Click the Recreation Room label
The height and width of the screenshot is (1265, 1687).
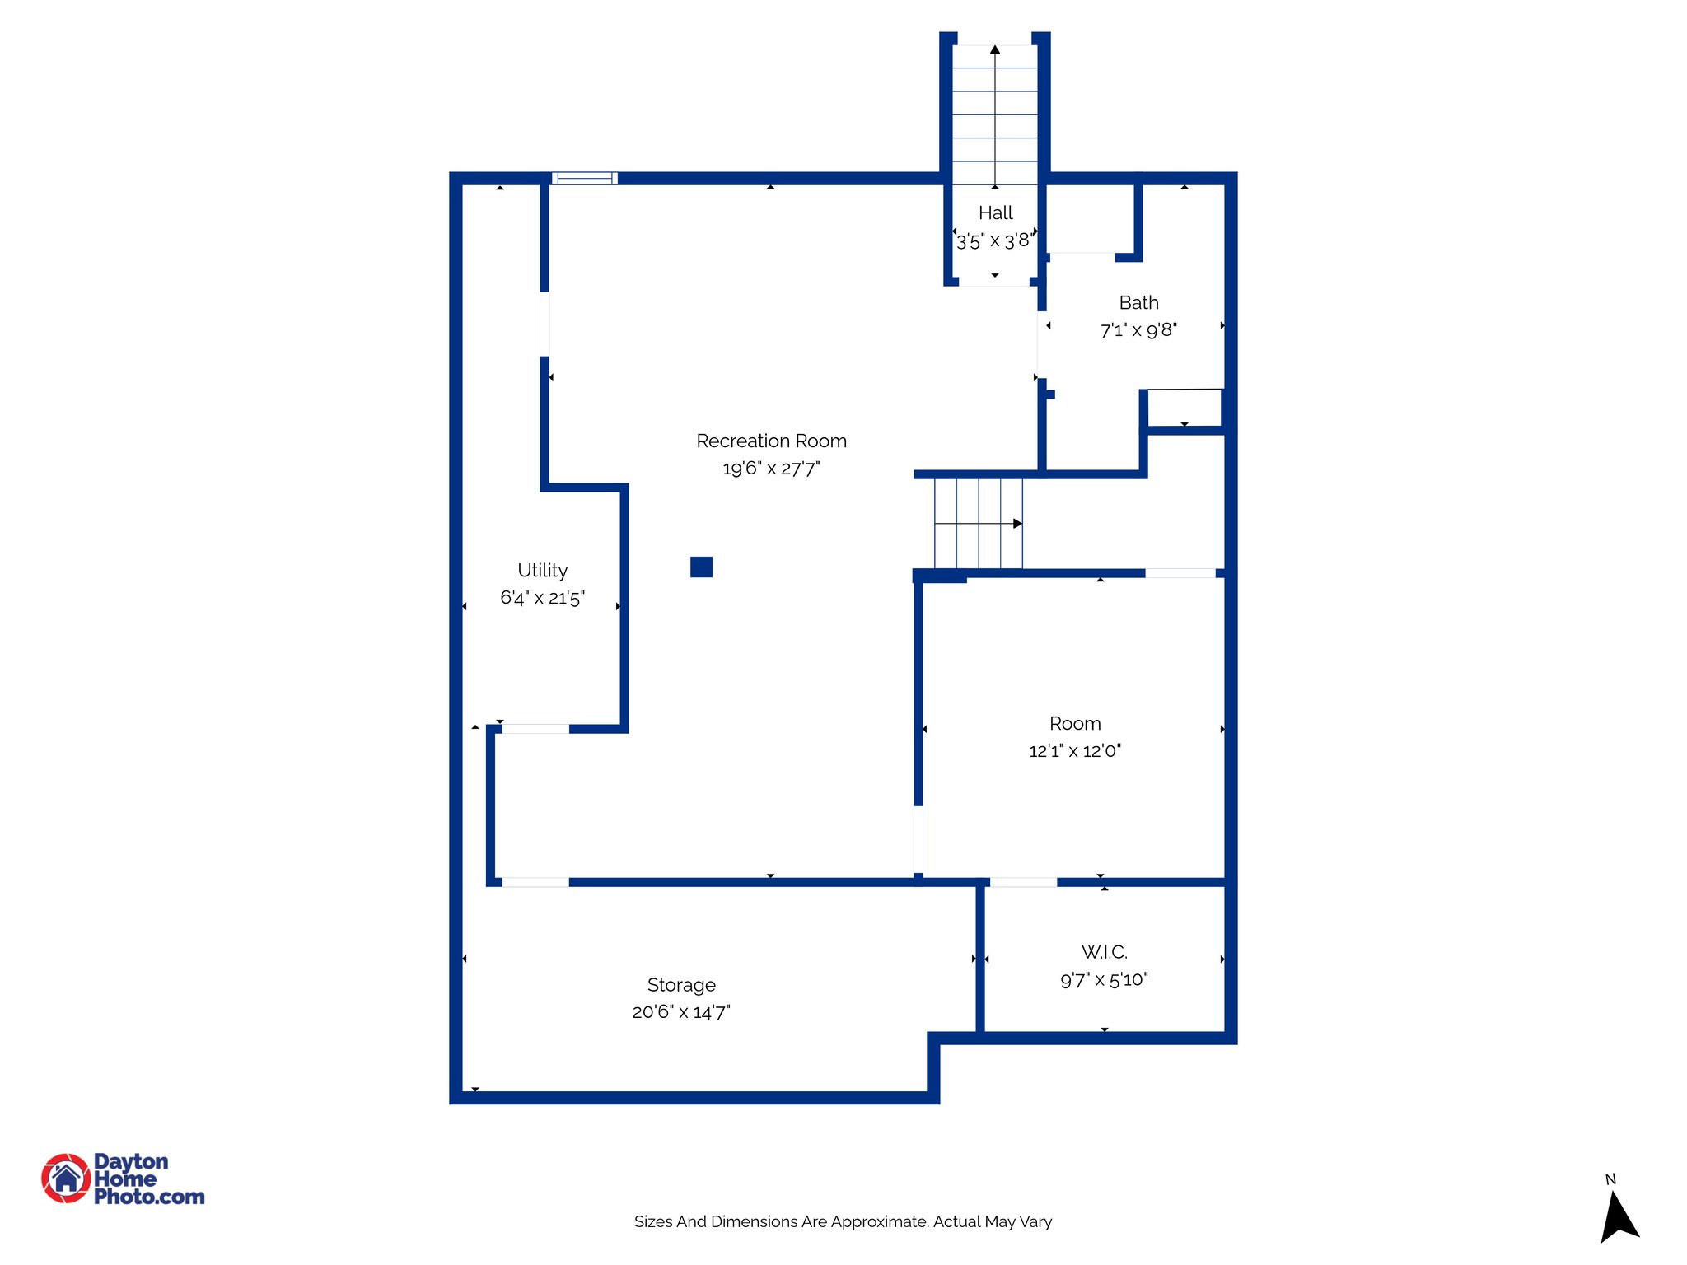tap(771, 441)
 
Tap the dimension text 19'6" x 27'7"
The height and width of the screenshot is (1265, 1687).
tap(771, 469)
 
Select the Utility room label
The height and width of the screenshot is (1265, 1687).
tap(542, 570)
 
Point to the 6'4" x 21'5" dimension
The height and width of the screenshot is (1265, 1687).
tap(542, 598)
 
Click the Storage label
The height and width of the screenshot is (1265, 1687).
tap(681, 984)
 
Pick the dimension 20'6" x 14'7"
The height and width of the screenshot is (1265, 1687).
tap(681, 1012)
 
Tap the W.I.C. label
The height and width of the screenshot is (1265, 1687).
tap(1104, 952)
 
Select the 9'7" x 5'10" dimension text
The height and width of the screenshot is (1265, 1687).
tap(1104, 979)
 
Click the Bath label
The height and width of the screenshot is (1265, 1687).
tap(1138, 302)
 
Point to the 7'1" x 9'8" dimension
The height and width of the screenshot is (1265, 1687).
tap(1138, 330)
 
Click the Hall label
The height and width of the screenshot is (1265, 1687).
tap(995, 212)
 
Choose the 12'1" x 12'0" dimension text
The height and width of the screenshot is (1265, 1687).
tap(1074, 751)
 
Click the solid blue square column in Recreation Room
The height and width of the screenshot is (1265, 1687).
tap(701, 567)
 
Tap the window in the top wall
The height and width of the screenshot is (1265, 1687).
tap(584, 178)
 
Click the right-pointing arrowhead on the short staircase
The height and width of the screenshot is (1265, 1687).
tap(1018, 523)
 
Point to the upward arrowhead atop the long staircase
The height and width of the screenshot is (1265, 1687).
tap(995, 50)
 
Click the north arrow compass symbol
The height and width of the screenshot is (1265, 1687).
tap(1618, 1216)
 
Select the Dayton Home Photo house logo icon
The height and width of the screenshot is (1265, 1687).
tap(66, 1178)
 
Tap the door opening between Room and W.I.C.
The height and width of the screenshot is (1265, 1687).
tap(1022, 882)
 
